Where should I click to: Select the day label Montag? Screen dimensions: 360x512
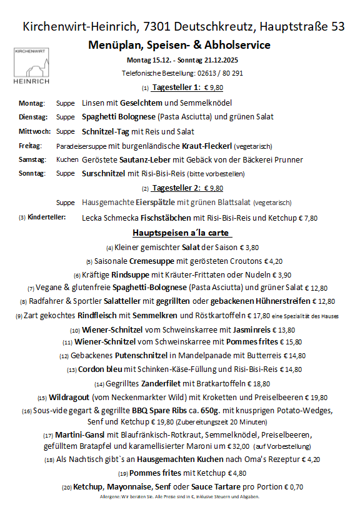pyautogui.click(x=32, y=103)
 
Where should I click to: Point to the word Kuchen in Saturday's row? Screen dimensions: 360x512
pyautogui.click(x=67, y=160)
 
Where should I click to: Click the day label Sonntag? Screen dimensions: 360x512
pyautogui.click(x=32, y=174)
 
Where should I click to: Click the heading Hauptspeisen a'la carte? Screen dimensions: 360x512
pyautogui.click(x=182, y=233)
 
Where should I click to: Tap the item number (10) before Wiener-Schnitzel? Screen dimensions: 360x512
pyautogui.click(x=75, y=330)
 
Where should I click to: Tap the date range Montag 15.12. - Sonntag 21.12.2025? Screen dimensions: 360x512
pyautogui.click(x=182, y=60)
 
